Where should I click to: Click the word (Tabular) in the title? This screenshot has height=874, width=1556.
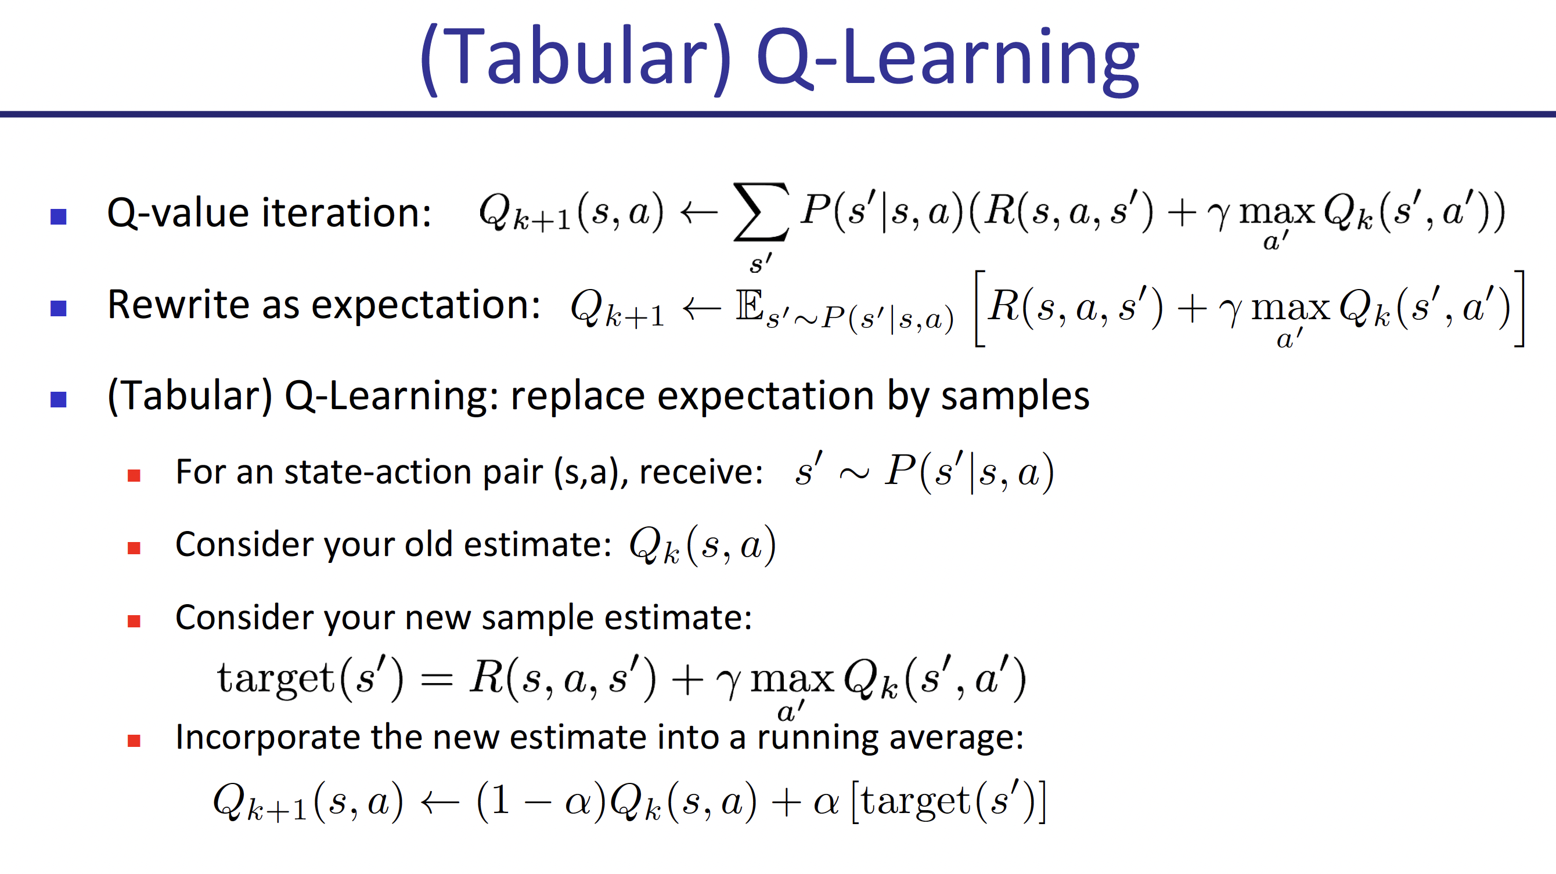click(x=575, y=59)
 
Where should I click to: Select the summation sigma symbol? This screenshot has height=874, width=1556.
click(x=761, y=212)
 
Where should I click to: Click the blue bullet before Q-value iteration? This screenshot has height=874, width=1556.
click(x=59, y=216)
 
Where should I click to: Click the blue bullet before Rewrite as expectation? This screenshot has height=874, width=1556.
click(x=59, y=308)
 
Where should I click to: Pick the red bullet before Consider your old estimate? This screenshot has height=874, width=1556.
click(x=134, y=548)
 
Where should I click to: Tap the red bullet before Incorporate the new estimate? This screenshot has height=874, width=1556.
click(x=134, y=741)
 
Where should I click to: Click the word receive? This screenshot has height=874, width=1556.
click(x=701, y=472)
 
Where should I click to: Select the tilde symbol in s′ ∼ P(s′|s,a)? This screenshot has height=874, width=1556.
click(x=853, y=474)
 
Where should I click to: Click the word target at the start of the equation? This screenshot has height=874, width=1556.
click(x=275, y=678)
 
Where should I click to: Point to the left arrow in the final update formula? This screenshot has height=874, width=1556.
click(x=439, y=803)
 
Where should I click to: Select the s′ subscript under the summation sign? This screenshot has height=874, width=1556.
click(x=760, y=263)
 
